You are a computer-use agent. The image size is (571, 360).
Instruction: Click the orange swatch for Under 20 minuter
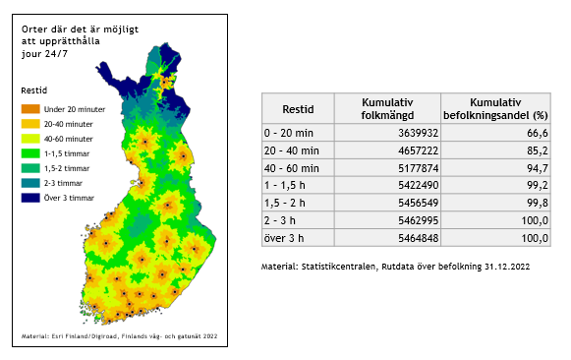tap(29, 108)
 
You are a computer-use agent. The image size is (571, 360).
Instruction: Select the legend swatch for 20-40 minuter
tap(29, 124)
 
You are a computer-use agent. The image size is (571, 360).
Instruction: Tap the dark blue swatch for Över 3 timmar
tap(29, 198)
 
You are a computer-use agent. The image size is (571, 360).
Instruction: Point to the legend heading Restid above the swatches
tap(34, 90)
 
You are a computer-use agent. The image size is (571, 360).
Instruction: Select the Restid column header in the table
tap(298, 108)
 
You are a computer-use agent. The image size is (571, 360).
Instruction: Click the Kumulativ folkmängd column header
tap(387, 108)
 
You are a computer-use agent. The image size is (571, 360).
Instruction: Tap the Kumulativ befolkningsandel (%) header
tap(494, 108)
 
